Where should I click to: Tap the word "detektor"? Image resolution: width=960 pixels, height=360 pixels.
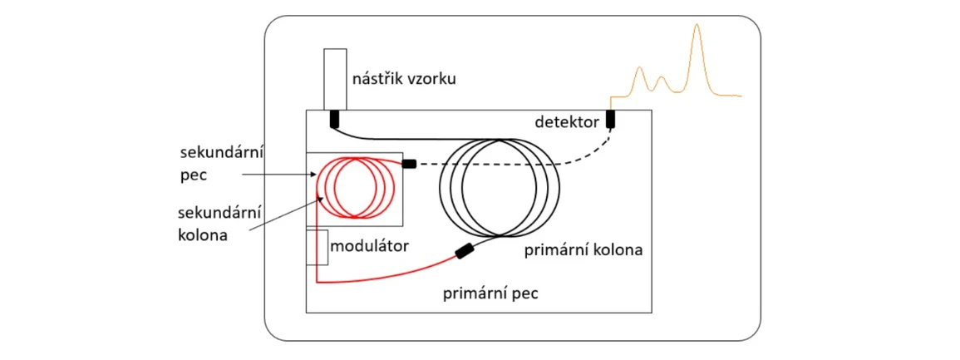[x=568, y=122]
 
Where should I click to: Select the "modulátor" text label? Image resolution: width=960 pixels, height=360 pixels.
[x=372, y=246]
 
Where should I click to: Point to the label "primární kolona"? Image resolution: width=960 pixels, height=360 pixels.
[x=584, y=249]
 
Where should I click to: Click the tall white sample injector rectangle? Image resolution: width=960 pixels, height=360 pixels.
[x=335, y=79]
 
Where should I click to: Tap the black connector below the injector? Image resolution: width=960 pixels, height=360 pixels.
[x=335, y=119]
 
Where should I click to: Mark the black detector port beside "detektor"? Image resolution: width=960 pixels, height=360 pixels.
[x=610, y=119]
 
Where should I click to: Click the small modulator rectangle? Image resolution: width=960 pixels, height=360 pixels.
[x=317, y=246]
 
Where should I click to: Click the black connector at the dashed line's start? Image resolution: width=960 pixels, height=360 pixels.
[x=408, y=164]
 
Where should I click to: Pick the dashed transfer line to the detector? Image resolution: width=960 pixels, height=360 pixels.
[x=515, y=165]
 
